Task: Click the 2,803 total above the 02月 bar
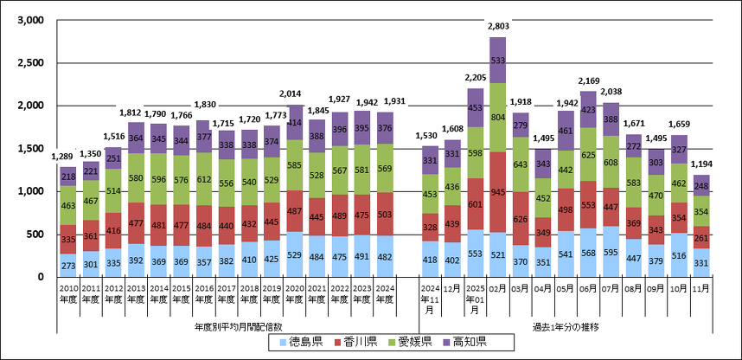(x=497, y=27)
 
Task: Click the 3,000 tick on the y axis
(x=30, y=21)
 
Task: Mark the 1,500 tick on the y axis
(x=30, y=149)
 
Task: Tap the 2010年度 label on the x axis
(x=68, y=291)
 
